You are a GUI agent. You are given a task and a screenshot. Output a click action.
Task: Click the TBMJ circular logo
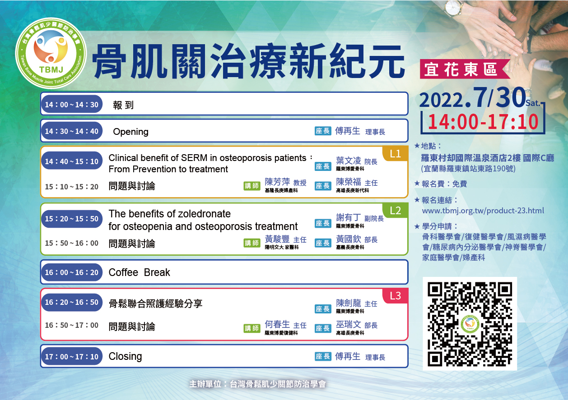tap(51, 54)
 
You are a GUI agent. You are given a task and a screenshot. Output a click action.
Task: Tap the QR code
tap(470, 323)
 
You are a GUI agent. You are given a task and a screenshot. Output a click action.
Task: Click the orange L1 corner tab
tap(395, 153)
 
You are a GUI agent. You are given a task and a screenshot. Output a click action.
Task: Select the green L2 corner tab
tap(395, 210)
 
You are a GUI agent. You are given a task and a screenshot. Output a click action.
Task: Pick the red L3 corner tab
tap(395, 295)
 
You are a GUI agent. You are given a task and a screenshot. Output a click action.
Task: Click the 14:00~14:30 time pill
tap(72, 104)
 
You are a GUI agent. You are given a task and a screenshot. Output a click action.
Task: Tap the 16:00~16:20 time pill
tap(72, 272)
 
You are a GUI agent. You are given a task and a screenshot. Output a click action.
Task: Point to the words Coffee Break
tap(139, 272)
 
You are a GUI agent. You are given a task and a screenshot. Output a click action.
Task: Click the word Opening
tap(130, 132)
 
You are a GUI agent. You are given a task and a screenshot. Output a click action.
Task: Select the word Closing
tap(125, 356)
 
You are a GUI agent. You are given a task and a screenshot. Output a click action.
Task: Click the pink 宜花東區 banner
tap(465, 69)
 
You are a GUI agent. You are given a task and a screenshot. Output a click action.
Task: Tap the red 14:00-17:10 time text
tap(483, 122)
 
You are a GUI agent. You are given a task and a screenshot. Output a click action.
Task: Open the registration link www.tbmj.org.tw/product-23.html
tap(483, 211)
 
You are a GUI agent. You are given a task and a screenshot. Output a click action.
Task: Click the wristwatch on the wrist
tap(454, 8)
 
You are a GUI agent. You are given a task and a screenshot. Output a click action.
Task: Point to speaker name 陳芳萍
tap(277, 182)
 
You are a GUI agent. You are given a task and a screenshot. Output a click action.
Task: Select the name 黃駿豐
tap(277, 239)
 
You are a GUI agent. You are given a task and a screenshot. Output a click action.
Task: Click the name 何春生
tap(277, 324)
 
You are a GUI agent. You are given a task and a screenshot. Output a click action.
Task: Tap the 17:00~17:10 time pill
tap(72, 356)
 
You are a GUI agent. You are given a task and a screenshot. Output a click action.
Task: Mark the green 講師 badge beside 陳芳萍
tap(252, 186)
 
